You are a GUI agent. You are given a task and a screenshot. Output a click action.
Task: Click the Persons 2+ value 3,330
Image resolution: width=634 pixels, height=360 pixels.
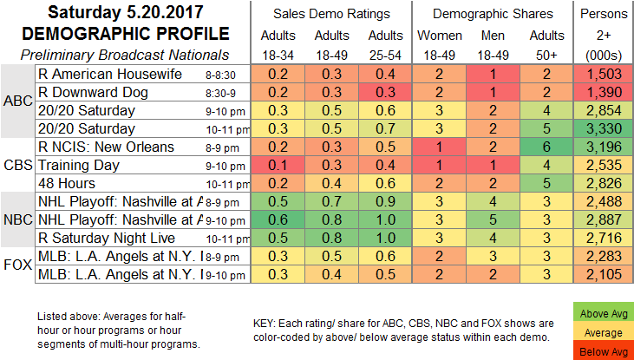pos(604,129)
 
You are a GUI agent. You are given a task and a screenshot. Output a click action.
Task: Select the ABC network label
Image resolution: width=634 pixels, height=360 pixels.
pos(17,101)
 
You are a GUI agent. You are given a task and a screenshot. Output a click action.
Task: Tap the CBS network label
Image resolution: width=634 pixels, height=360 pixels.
pos(17,165)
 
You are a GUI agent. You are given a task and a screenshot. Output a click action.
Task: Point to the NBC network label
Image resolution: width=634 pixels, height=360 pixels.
pos(17,219)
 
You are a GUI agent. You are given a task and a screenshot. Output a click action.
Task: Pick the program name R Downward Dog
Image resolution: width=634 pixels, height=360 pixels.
pos(92,93)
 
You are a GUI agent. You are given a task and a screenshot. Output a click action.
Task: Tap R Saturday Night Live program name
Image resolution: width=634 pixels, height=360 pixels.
pos(105,238)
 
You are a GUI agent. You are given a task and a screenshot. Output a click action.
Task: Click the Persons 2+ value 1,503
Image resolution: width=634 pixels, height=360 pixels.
pos(604,75)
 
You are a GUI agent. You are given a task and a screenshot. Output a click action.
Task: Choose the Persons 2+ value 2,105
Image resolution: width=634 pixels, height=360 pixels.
pos(604,275)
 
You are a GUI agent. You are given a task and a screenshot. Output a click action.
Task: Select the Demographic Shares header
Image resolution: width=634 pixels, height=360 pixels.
pos(491,14)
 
